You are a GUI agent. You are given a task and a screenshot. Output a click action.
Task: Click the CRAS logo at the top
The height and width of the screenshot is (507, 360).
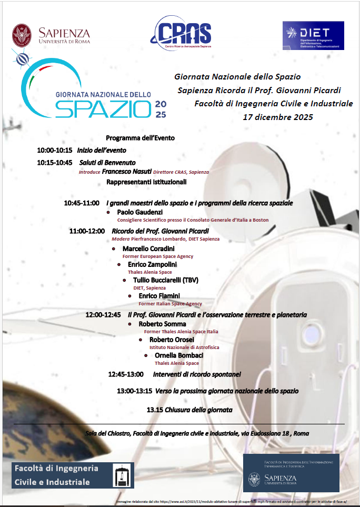coord(181,33)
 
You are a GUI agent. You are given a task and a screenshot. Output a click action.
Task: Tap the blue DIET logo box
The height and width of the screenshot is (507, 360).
coord(313,35)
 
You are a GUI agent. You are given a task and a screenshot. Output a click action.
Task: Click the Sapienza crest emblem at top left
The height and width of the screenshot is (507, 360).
coord(22,35)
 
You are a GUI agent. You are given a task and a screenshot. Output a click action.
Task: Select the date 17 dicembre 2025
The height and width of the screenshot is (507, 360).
coord(277,117)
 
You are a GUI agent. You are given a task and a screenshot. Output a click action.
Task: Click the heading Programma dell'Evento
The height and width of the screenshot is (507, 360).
coord(140,138)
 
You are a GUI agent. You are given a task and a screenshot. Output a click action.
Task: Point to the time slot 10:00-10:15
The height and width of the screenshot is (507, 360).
coord(54,150)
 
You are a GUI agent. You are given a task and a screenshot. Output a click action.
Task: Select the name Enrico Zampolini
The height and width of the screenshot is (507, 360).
coord(152,264)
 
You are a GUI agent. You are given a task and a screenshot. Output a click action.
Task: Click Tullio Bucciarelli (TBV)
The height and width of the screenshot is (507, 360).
coord(165,280)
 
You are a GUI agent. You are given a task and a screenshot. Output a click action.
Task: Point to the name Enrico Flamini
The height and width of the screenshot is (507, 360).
coord(159,296)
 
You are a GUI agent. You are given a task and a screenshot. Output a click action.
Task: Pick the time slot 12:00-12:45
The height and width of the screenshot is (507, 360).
coord(103,315)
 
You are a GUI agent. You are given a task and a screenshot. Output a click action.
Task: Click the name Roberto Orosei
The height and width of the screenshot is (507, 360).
coord(172,340)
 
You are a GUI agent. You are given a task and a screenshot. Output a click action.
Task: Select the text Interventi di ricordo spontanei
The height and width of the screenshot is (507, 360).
coord(197,374)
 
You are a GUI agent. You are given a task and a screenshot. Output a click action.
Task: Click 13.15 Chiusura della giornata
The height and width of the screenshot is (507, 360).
coord(189,410)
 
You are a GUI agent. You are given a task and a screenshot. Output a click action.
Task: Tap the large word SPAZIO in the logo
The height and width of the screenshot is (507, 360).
coord(103,108)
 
